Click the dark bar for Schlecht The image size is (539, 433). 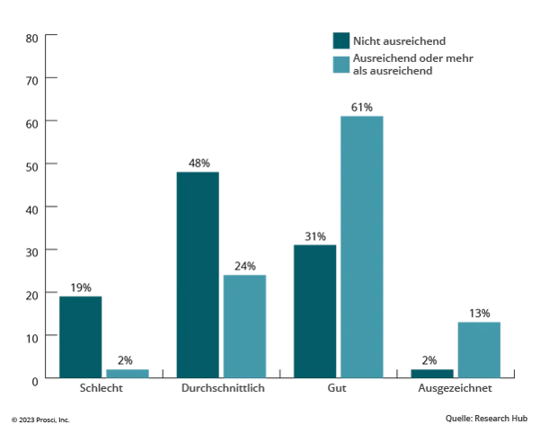point(80,337)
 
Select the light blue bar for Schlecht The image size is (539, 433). point(127,373)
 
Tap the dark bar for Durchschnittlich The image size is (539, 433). point(198,274)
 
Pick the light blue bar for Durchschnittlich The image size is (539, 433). point(244,325)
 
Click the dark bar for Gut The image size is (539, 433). point(314,311)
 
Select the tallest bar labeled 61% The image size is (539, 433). point(361,247)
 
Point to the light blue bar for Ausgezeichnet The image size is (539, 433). point(479,349)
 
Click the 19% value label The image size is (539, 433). point(81,288)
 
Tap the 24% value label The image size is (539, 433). point(244,267)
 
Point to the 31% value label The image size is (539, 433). point(314,237)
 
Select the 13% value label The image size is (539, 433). point(479,314)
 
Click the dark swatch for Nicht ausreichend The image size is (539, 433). point(340,40)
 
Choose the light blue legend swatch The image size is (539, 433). point(340,64)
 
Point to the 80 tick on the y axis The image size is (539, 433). point(31,37)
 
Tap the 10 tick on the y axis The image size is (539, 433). point(31,336)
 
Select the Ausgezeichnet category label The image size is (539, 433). point(455,393)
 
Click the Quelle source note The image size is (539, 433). point(485,418)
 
